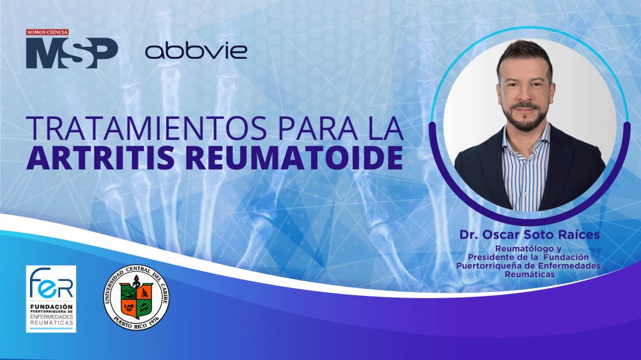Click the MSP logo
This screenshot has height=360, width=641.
pos(71,53)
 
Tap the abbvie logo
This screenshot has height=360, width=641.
pos(196,50)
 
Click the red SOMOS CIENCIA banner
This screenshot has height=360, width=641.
pos(47,32)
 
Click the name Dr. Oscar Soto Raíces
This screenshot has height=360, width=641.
pos(529,235)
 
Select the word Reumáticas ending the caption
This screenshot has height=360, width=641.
pos(529,274)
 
